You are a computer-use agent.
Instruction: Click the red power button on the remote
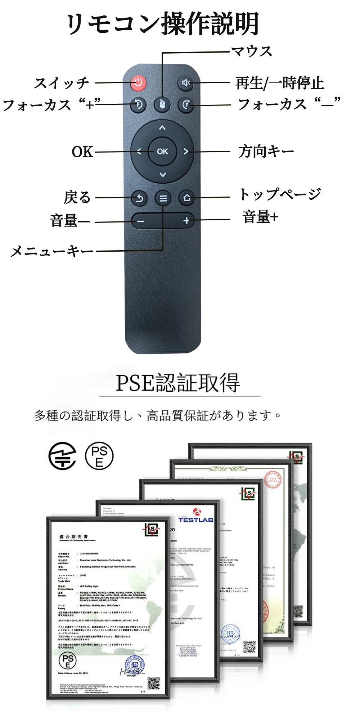pos(138,83)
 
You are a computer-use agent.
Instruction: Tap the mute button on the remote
pos(186,83)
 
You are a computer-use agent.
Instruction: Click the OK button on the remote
pos(162,152)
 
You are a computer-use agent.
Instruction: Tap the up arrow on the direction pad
pos(162,128)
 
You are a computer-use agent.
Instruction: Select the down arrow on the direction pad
pos(163,175)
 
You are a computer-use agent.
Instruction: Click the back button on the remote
pos(139,198)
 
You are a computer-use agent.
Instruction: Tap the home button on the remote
pos(186,198)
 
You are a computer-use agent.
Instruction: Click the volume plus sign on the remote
pos(186,221)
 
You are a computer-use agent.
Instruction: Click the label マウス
pos(252,51)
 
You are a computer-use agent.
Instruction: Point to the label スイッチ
pos(62,83)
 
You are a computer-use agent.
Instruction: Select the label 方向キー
pos(266,151)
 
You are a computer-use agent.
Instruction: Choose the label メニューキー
pos(51,251)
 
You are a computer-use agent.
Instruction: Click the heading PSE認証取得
pos(177,383)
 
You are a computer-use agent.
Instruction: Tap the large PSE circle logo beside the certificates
pos(99,455)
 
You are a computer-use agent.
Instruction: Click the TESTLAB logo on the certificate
pos(196,517)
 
